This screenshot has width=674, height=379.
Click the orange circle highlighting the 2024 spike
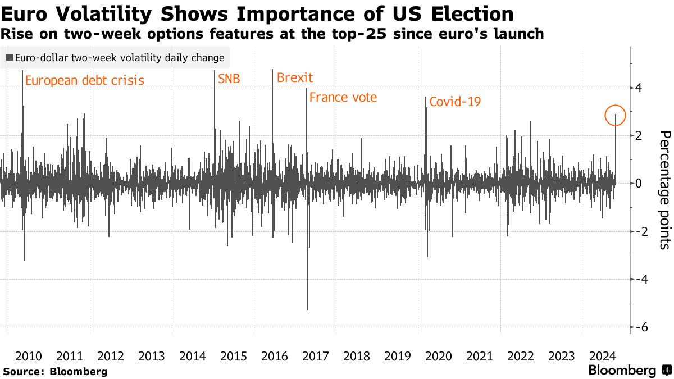coord(615,115)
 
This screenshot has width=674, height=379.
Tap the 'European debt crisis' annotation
coord(85,80)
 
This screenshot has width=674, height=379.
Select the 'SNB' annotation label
coord(229,79)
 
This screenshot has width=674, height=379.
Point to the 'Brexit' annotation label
coord(295,77)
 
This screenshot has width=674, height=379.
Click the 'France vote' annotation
coord(343,97)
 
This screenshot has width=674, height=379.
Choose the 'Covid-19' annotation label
coord(455,102)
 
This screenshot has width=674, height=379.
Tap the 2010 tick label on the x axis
coord(29,356)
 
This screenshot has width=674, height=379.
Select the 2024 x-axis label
coord(602,356)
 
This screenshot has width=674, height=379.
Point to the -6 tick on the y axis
coord(640,327)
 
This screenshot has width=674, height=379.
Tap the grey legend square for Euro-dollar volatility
coord(10,57)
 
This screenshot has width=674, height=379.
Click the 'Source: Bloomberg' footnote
coord(54,371)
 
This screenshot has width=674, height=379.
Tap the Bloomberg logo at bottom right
coord(629,371)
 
